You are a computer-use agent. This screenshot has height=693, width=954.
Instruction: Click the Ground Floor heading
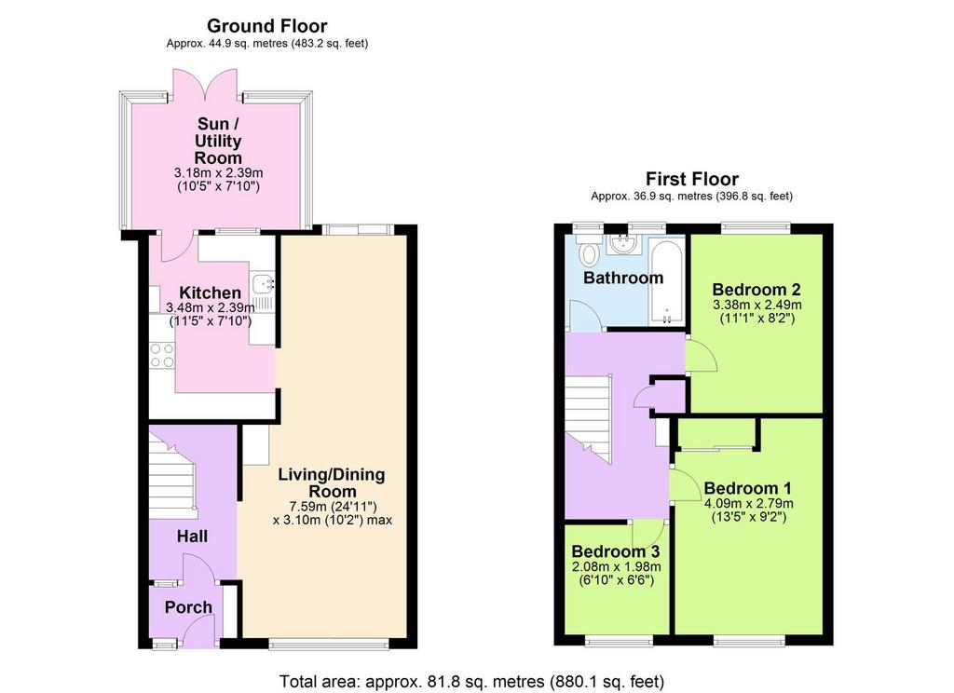pyautogui.click(x=266, y=26)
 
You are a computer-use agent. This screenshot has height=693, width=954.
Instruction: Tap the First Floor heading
pyautogui.click(x=692, y=179)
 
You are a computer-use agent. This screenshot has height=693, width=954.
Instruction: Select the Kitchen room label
pyautogui.click(x=210, y=292)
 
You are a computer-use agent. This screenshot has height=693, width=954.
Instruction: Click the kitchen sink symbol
pyautogui.click(x=264, y=283)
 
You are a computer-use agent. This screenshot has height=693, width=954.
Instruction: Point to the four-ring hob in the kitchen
pyautogui.click(x=162, y=355)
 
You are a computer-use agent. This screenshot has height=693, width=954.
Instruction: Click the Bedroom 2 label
pyautogui.click(x=756, y=289)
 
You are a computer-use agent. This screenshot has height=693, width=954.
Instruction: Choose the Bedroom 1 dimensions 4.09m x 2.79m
pyautogui.click(x=748, y=504)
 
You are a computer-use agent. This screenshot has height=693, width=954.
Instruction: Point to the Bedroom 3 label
pyautogui.click(x=616, y=551)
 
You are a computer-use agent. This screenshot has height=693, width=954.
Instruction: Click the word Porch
pyautogui.click(x=188, y=607)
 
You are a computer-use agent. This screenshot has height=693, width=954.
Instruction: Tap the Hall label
pyautogui.click(x=192, y=536)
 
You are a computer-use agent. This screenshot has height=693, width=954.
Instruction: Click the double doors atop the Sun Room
pyautogui.click(x=205, y=85)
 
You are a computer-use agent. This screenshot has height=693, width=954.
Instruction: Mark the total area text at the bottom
pyautogui.click(x=471, y=682)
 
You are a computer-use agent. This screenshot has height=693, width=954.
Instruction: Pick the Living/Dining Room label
pyautogui.click(x=332, y=483)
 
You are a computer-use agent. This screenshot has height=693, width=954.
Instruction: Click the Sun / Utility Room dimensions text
pyautogui.click(x=218, y=180)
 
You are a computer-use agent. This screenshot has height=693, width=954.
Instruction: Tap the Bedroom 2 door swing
pyautogui.click(x=701, y=357)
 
